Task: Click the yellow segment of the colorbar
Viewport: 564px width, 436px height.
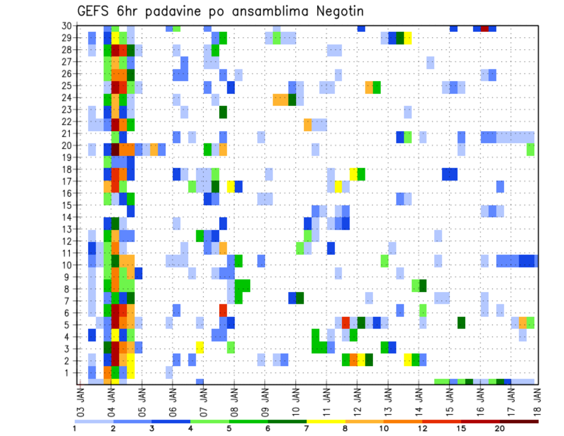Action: click(x=326, y=421)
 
